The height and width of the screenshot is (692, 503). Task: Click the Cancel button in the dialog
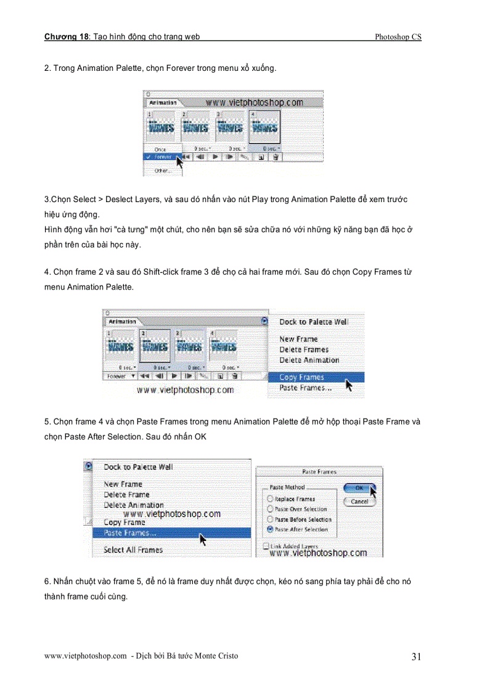tap(359, 502)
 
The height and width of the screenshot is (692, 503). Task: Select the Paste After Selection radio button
tap(270, 529)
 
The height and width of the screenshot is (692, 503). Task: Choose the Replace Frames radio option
tap(270, 499)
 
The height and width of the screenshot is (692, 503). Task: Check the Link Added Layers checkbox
tap(266, 546)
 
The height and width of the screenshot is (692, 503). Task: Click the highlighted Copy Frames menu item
tap(301, 377)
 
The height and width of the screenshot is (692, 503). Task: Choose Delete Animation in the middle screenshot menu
tap(309, 360)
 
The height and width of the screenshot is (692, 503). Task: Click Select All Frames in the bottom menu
tap(133, 550)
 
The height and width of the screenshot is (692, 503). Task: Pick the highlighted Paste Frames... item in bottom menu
tap(130, 533)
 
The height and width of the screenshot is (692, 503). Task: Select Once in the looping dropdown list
tap(160, 149)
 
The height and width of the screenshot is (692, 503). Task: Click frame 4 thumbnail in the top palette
tap(264, 128)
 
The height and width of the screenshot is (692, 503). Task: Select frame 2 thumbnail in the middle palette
tap(155, 347)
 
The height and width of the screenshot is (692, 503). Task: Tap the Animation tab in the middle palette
tap(122, 322)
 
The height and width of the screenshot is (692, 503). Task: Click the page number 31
tap(416, 657)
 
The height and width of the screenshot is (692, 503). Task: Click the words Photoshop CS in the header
tap(398, 37)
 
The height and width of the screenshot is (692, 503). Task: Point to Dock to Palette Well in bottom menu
tap(138, 467)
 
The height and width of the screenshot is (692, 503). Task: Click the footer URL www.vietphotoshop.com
tap(86, 656)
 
